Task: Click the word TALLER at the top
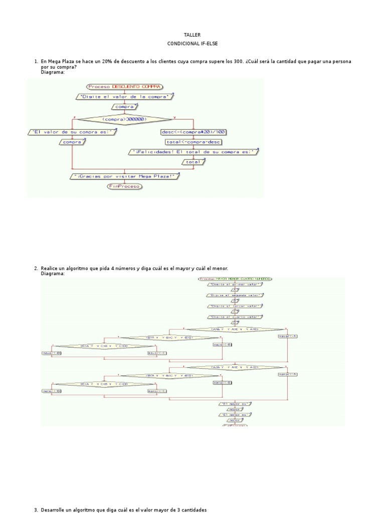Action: coord(192,35)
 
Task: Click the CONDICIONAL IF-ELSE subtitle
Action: coord(192,44)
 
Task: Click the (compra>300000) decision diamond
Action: coord(123,119)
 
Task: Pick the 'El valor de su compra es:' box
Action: coord(73,132)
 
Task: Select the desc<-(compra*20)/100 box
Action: coord(193,132)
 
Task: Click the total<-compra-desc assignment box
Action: coord(193,142)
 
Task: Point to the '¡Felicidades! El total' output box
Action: coord(194,152)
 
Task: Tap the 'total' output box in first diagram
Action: coord(193,162)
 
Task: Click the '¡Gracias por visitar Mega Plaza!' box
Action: coord(124,176)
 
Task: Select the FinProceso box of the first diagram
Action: coord(124,186)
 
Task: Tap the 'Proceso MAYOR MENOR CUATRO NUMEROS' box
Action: coord(235,279)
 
